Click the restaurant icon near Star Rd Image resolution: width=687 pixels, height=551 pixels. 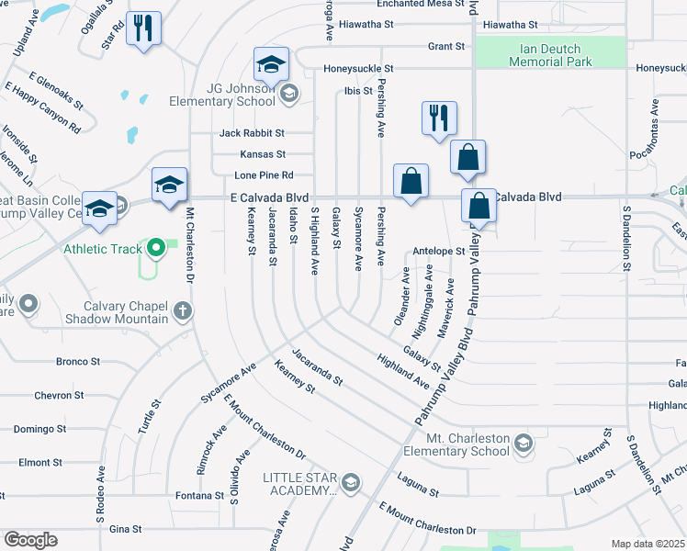point(143,27)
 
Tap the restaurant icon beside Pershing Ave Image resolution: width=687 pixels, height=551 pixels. point(439,118)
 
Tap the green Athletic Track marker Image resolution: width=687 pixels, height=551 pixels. point(156,247)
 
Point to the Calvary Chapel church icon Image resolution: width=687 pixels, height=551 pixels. point(183,310)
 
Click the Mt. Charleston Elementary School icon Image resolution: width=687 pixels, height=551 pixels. point(523,444)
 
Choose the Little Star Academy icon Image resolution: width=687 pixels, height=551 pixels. point(350,482)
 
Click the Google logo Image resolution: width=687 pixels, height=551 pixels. point(30,539)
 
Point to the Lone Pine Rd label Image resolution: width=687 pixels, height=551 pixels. point(264,174)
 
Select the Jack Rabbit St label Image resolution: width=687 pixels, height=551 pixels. point(252,133)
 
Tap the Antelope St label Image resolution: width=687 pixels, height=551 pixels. point(440,251)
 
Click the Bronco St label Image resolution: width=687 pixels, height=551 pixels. point(77,362)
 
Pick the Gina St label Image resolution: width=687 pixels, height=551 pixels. point(125,529)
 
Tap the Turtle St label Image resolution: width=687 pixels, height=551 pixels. point(155,416)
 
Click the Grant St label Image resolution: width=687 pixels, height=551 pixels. point(446,46)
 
